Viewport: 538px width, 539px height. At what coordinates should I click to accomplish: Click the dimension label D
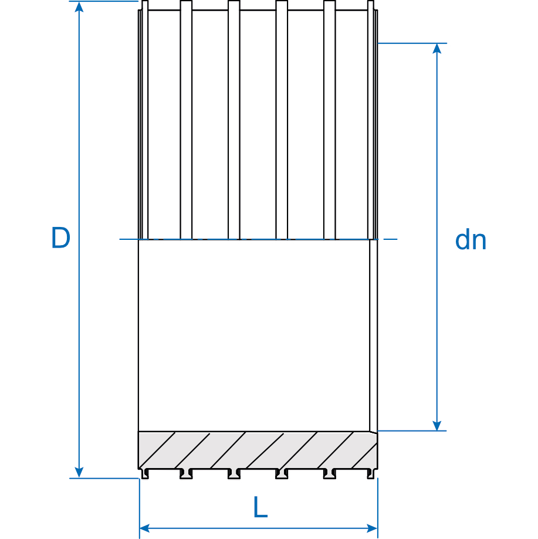click(60, 238)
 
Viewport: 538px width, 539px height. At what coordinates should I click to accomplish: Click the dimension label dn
click(471, 240)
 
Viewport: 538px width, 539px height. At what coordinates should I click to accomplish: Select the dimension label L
click(260, 508)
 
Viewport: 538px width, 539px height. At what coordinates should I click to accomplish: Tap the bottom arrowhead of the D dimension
click(79, 473)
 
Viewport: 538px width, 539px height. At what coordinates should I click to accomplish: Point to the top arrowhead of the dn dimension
click(437, 48)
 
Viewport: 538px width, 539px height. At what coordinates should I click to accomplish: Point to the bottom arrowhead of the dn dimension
click(437, 426)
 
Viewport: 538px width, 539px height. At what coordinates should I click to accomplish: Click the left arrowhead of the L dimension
click(144, 528)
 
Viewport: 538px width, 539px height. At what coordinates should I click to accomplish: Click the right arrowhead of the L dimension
click(372, 528)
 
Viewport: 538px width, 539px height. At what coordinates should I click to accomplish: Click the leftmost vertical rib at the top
click(145, 117)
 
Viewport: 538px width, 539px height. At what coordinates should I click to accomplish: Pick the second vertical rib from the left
click(186, 117)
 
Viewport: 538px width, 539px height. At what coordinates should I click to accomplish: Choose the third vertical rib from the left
click(234, 117)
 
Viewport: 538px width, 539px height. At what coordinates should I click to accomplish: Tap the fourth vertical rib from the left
click(282, 117)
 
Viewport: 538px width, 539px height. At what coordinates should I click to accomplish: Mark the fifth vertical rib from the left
click(329, 117)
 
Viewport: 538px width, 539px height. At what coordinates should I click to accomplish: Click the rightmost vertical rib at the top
click(370, 117)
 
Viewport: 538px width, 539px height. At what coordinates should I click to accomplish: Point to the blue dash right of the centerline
click(390, 239)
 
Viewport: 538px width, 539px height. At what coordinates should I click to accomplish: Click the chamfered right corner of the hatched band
click(374, 433)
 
